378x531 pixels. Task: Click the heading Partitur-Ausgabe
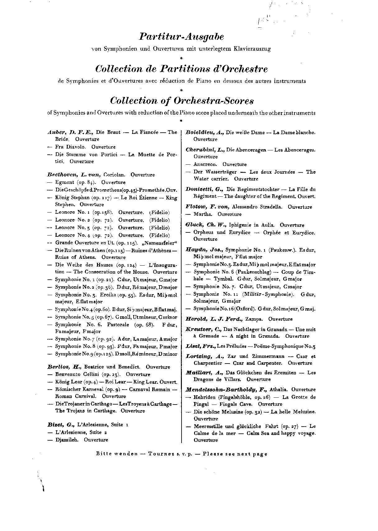pos(181,37)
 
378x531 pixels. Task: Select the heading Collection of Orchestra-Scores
pos(182,101)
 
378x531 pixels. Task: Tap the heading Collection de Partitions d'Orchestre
pos(182,69)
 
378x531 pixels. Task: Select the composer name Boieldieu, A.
pos(205,132)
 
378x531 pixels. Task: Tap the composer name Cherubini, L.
pos(205,150)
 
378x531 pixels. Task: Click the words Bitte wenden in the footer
pos(117,454)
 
